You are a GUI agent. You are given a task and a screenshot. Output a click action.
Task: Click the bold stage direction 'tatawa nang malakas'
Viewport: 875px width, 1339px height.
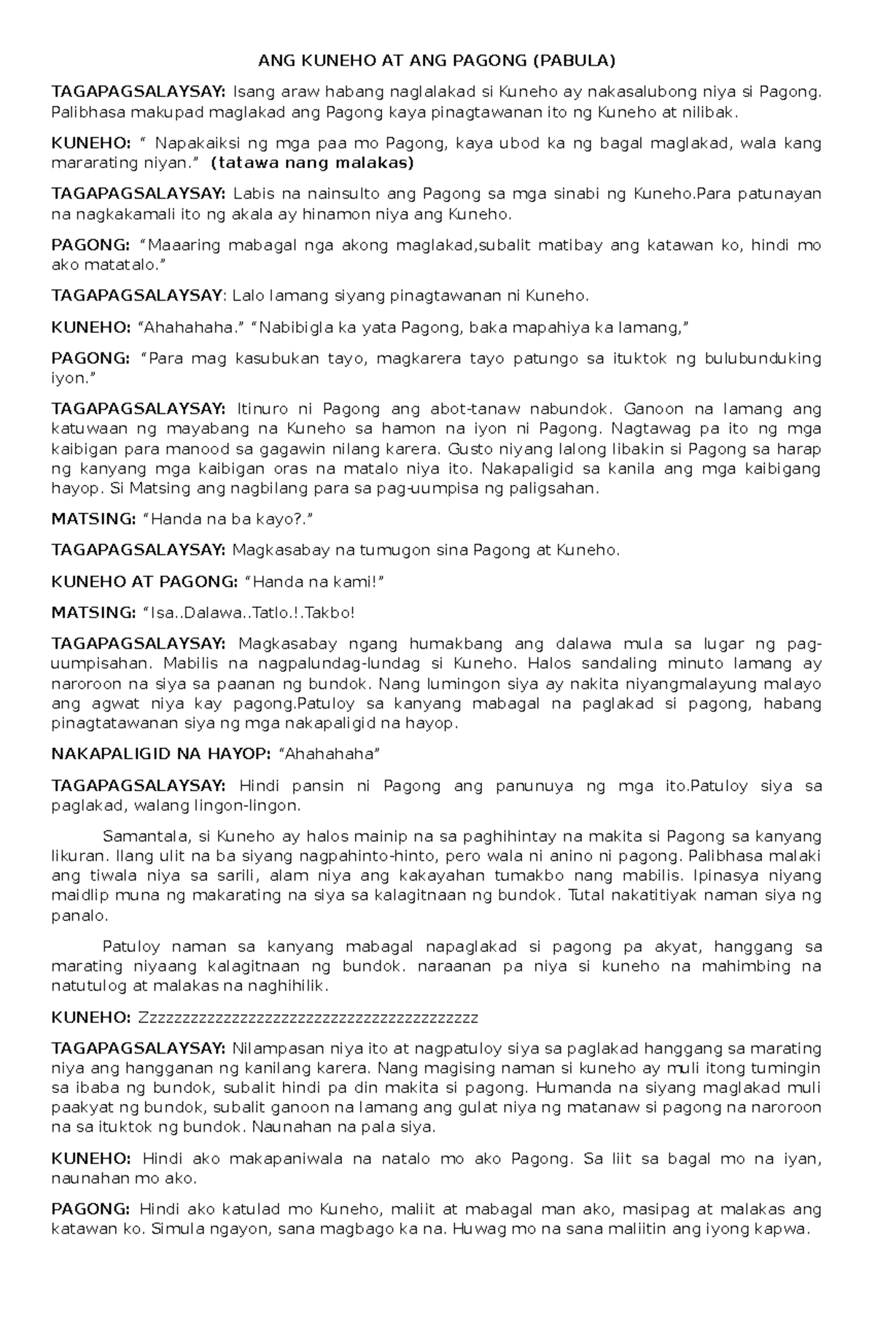click(311, 163)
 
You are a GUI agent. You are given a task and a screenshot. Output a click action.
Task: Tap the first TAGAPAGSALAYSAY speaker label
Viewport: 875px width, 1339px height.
click(139, 91)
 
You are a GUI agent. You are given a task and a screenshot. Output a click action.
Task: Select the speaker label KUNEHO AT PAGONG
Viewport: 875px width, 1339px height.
click(144, 582)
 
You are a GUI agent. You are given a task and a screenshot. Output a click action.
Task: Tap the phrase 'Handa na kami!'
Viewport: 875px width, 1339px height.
click(315, 582)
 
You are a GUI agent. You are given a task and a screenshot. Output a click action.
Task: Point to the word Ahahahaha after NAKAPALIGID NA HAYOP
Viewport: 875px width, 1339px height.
click(325, 754)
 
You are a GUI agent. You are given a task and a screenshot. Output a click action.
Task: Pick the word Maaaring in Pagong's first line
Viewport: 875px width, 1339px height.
click(179, 246)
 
